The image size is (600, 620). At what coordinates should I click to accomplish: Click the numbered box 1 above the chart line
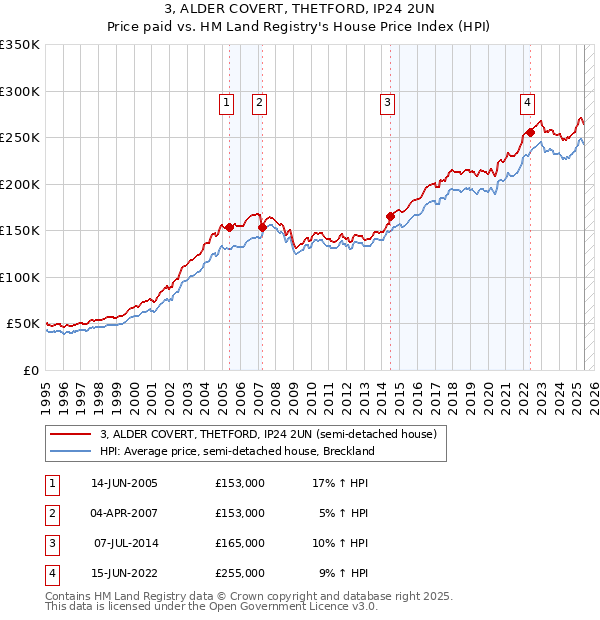226,101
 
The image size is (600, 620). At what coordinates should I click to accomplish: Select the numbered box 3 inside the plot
386,101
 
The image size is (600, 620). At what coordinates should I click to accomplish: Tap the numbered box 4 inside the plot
527,101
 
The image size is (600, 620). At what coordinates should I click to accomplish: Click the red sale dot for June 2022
530,132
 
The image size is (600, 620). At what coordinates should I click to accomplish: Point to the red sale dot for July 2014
390,216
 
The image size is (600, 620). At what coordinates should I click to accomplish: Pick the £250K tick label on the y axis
20,138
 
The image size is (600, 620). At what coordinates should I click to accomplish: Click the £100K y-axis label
20,277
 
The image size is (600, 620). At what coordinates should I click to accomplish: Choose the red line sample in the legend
70,435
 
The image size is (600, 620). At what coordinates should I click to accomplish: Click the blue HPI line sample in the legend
70,451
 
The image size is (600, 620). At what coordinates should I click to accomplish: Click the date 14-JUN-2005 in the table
124,483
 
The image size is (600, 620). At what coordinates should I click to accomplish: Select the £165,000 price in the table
240,543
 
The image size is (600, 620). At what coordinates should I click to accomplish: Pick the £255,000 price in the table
240,574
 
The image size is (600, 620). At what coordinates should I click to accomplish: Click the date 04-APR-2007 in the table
124,513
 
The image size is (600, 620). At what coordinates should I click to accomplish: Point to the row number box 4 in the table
51,574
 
